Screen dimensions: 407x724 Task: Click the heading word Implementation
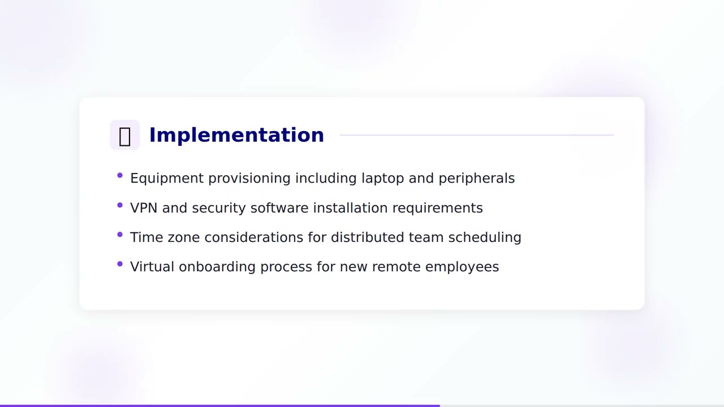236,135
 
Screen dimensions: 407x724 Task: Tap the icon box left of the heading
124,135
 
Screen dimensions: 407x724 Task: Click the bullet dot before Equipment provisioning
120,176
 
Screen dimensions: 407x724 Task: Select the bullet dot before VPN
120,205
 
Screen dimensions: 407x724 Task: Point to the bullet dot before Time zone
120,235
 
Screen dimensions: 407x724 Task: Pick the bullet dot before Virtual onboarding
120,264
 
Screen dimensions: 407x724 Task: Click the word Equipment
167,178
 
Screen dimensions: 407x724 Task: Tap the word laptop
383,178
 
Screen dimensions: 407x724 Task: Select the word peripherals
476,178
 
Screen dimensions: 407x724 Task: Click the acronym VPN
144,208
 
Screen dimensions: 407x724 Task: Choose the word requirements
437,208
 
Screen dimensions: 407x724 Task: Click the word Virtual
152,267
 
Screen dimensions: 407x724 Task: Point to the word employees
462,267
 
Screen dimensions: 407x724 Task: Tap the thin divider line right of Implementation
476,135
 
